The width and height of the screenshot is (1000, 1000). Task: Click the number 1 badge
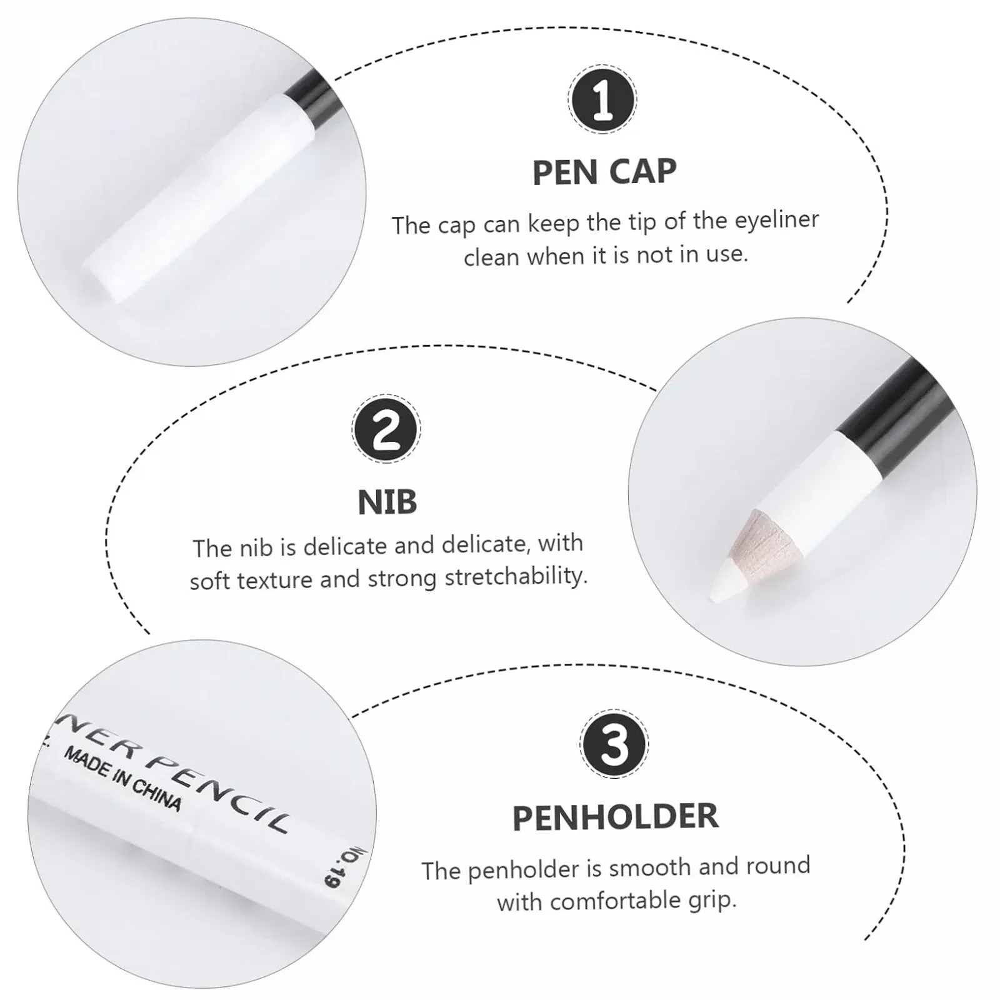[x=602, y=99]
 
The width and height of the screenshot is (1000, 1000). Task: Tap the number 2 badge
[x=386, y=429]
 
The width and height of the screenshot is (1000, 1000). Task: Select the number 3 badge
[x=614, y=744]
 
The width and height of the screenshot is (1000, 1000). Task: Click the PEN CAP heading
[x=604, y=172]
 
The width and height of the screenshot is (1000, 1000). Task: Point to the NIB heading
[x=387, y=502]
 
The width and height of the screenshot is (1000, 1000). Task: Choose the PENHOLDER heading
[x=616, y=817]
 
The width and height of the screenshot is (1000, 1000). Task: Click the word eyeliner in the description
[x=777, y=220]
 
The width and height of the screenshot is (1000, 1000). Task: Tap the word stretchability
[x=516, y=576]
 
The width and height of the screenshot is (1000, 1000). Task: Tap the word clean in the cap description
[x=492, y=257]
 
